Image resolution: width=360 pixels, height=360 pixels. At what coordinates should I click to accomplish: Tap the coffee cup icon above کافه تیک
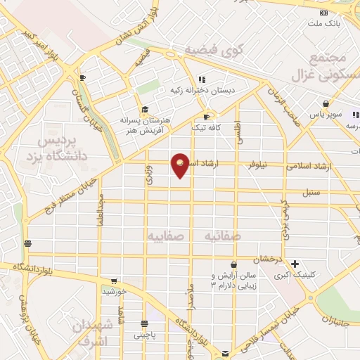[x=206, y=117]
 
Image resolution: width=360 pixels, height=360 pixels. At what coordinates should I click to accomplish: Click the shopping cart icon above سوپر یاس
[x=325, y=103]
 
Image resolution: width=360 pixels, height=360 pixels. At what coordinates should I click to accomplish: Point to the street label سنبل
[x=311, y=191]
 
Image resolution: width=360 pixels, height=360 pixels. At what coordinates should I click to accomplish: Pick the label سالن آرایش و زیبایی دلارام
[x=234, y=281]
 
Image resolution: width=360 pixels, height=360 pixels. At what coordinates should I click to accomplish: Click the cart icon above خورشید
[x=114, y=281]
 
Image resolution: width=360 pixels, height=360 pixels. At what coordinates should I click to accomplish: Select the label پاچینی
[x=145, y=335]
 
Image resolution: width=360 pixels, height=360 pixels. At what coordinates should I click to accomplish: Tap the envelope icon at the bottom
[x=225, y=353]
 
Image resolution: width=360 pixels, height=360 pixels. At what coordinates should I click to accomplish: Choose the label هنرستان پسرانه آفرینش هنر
[x=144, y=124]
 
